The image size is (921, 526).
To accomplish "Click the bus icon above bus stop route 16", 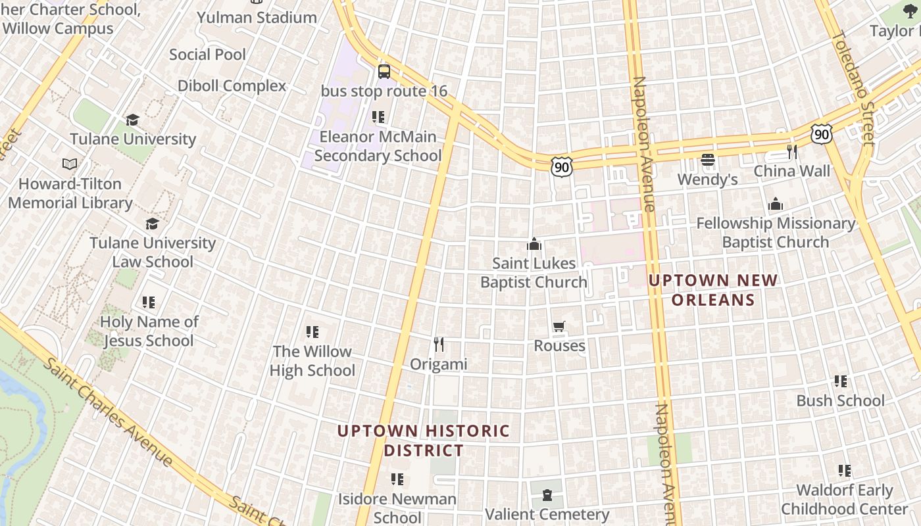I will [x=384, y=72].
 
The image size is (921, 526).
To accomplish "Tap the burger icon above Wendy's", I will [x=708, y=160].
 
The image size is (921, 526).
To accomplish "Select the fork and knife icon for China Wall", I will [x=792, y=152].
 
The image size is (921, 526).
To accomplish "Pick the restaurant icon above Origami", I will [x=439, y=344].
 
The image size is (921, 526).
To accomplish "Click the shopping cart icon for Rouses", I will [x=559, y=327].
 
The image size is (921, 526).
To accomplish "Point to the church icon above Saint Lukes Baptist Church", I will [x=534, y=245].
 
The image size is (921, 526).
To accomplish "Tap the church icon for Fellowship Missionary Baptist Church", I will [x=776, y=204].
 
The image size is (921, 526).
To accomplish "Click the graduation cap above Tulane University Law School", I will [x=152, y=224].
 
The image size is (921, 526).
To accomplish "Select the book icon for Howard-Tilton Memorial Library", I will [x=70, y=164].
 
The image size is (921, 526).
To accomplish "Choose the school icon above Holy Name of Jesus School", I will [x=149, y=302].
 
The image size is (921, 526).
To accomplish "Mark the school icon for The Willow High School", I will [x=312, y=332].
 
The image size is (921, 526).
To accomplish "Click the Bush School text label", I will [x=840, y=400].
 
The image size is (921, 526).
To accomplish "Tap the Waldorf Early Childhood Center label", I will [x=845, y=500].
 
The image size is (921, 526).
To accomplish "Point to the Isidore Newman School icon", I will [x=397, y=479].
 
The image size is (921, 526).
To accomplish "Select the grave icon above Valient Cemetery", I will [x=547, y=495].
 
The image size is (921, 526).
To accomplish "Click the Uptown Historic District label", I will [x=424, y=441].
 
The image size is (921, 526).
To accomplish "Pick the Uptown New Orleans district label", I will [x=713, y=290].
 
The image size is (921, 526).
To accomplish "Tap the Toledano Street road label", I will [x=854, y=88].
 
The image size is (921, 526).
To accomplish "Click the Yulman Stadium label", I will [x=257, y=18].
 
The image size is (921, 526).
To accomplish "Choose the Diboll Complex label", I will [x=232, y=86].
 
